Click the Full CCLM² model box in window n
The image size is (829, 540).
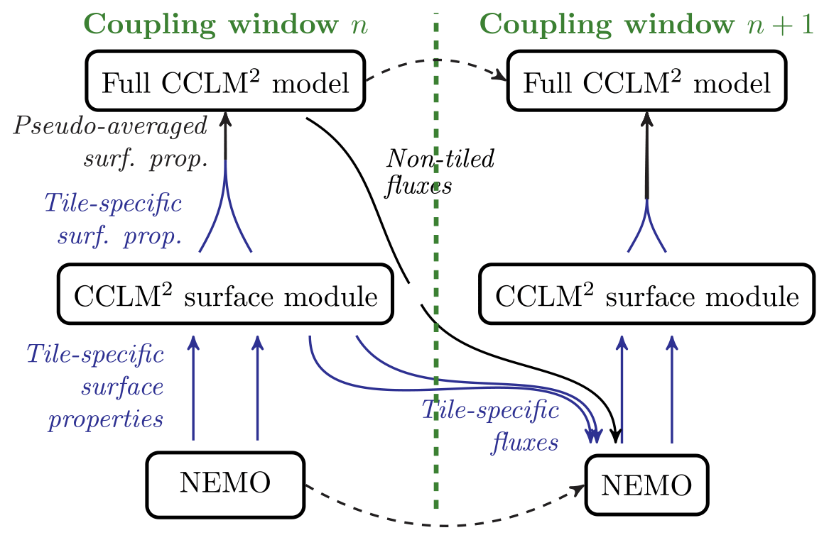225,84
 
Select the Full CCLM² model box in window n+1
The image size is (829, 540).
646,84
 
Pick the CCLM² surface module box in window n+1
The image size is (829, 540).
646,296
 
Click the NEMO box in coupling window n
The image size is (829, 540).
225,485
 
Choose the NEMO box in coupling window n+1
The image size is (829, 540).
646,485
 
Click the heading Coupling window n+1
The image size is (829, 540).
646,24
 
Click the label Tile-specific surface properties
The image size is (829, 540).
96,386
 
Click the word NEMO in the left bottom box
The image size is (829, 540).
225,485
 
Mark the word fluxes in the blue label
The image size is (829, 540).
526,443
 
